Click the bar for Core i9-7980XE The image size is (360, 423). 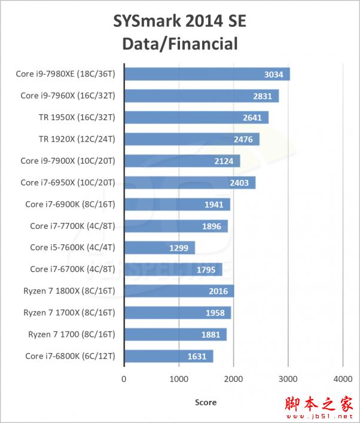tap(206, 74)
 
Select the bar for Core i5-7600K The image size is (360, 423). tap(159, 247)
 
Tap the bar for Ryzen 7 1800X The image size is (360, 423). tap(178, 291)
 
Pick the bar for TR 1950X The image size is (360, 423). tap(196, 118)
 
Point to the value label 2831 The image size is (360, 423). tap(263, 96)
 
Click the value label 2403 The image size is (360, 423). tap(240, 183)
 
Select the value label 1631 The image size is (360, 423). tap(197, 356)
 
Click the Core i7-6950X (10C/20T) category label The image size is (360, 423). tap(68, 183)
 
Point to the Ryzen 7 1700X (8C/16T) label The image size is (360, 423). tap(69, 312)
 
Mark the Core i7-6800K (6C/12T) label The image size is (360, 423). tap(70, 356)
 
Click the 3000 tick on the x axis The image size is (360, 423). tap(288, 378)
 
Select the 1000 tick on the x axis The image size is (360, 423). tap(179, 378)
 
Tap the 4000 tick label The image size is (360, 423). tap(343, 378)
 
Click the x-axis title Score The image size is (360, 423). tap(206, 402)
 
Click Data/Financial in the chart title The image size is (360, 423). tap(179, 44)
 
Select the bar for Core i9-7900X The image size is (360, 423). tap(182, 161)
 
